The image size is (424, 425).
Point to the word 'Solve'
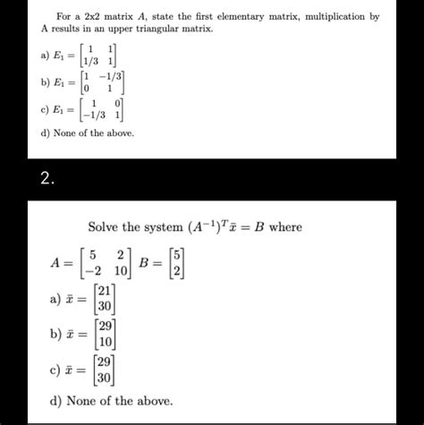(106, 227)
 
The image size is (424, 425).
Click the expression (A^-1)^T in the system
(207, 227)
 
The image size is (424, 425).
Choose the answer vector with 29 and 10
(105, 336)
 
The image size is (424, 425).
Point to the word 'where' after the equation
(284, 227)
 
